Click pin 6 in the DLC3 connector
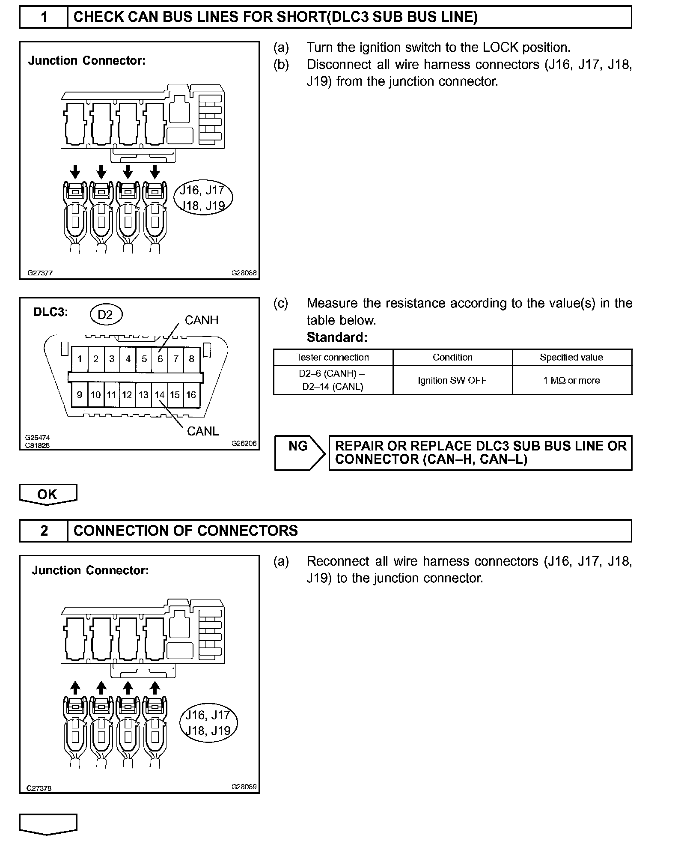(x=160, y=359)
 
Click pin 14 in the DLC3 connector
(x=160, y=395)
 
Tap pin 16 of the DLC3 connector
(x=191, y=395)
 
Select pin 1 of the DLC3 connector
(x=80, y=359)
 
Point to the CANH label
(x=201, y=320)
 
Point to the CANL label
(x=203, y=431)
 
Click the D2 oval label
(x=105, y=315)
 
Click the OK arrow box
(x=48, y=494)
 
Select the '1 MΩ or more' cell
(x=572, y=380)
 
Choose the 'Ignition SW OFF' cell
(x=452, y=380)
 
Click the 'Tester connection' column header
(x=333, y=357)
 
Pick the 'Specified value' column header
(x=572, y=357)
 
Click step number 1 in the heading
(x=44, y=17)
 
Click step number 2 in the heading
(x=44, y=531)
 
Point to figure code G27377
(x=40, y=273)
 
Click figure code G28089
(x=244, y=787)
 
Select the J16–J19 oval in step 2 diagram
(x=208, y=722)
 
